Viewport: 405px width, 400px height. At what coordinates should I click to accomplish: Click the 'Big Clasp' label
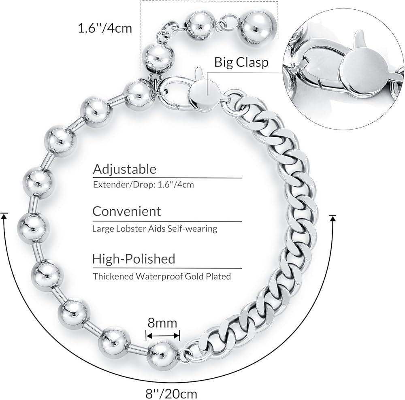click(241, 62)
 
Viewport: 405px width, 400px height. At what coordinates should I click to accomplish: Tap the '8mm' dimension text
click(163, 323)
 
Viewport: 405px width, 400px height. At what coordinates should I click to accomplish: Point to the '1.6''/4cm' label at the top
click(105, 29)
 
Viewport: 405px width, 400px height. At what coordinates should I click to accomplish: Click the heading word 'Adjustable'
click(124, 168)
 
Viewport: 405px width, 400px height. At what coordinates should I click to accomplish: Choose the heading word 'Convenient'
click(126, 211)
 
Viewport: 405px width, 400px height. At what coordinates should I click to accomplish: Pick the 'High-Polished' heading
click(134, 258)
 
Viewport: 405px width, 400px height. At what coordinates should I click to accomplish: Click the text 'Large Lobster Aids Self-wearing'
click(155, 229)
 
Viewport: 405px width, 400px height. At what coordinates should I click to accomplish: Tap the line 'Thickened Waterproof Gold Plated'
click(162, 277)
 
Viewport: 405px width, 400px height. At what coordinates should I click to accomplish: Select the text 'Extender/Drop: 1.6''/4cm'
click(143, 185)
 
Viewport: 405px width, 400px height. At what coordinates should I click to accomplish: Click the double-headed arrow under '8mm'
click(163, 335)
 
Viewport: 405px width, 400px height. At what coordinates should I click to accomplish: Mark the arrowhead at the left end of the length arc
click(4, 216)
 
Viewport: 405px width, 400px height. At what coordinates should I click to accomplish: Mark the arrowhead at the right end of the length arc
click(333, 218)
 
